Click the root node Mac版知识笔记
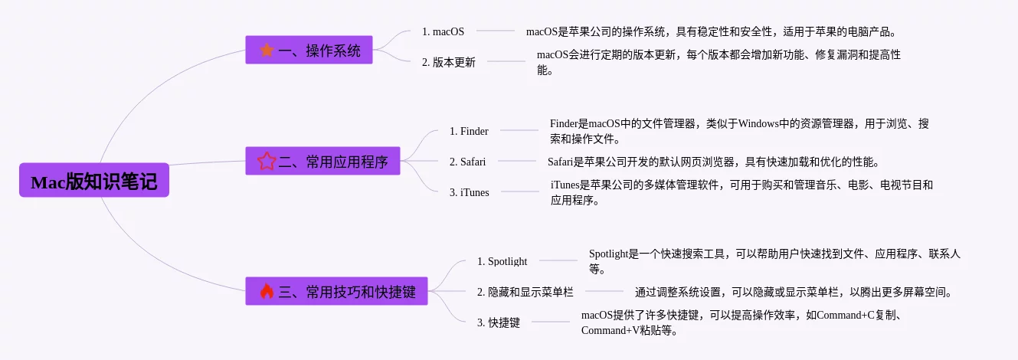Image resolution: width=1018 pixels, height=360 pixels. pyautogui.click(x=94, y=180)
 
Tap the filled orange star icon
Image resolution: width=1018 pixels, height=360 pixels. pyautogui.click(x=267, y=50)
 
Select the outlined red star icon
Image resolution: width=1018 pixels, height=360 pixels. pyautogui.click(x=267, y=161)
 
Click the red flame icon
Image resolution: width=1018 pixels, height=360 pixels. pyautogui.click(x=267, y=291)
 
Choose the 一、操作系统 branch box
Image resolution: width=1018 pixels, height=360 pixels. pyautogui.click(x=309, y=50)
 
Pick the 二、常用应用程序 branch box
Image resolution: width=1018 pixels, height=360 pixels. pyautogui.click(x=322, y=160)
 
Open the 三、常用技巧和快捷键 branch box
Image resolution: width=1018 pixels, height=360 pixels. pyautogui.click(x=336, y=291)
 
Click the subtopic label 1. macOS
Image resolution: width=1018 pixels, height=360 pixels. pyautogui.click(x=443, y=31)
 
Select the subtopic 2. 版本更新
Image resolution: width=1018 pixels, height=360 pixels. pyautogui.click(x=449, y=62)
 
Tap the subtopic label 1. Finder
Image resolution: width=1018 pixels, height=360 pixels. pyautogui.click(x=469, y=131)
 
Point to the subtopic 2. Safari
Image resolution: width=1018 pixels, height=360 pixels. pyautogui.click(x=468, y=162)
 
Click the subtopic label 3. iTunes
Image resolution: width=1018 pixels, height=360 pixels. pyautogui.click(x=470, y=192)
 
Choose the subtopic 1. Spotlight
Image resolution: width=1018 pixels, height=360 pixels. pyautogui.click(x=502, y=261)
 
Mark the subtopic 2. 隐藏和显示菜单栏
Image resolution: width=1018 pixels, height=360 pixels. pyautogui.click(x=525, y=292)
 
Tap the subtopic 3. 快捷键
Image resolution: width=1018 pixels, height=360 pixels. pyautogui.click(x=499, y=322)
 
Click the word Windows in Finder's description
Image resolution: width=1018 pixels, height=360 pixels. pyautogui.click(x=758, y=123)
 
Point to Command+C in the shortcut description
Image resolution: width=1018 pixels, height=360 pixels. pyautogui.click(x=846, y=315)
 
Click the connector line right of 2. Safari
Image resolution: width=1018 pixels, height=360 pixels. pyautogui.click(x=517, y=161)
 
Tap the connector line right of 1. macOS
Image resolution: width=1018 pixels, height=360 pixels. pyautogui.click(x=496, y=31)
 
